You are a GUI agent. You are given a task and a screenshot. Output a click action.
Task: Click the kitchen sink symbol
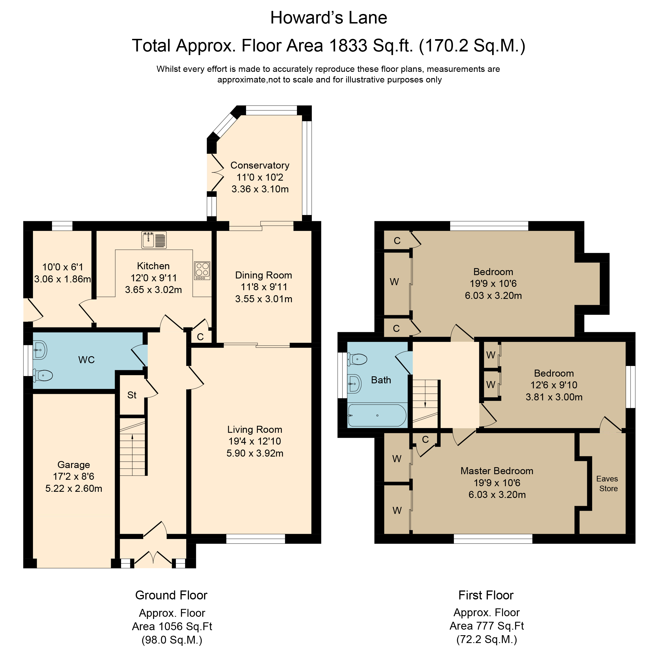[154, 240]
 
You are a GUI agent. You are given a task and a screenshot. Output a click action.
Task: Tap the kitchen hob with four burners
[202, 271]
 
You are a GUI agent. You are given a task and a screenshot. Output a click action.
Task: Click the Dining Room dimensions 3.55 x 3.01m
[264, 299]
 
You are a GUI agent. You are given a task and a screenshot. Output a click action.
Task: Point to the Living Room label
[255, 430]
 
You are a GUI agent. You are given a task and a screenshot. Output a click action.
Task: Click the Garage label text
[74, 465]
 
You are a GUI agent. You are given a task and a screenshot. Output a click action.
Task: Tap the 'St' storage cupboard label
[132, 395]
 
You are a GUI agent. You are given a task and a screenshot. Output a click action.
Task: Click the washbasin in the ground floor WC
[40, 350]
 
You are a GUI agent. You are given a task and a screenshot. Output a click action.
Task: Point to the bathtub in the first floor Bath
[377, 415]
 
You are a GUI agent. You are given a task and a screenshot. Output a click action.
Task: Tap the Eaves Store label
[607, 484]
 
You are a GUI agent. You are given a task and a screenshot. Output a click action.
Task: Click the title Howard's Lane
[329, 18]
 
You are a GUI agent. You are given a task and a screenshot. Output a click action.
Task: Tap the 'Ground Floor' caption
[171, 595]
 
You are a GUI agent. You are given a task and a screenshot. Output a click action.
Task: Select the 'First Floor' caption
[486, 595]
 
